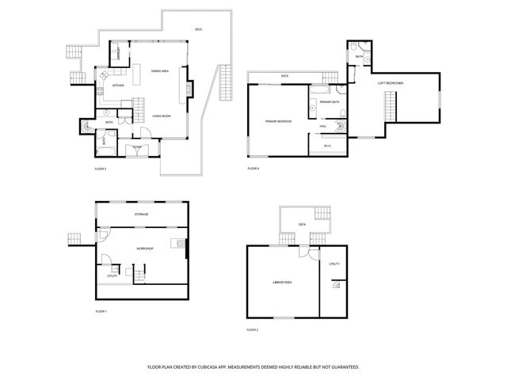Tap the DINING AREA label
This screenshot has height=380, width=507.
(159, 71)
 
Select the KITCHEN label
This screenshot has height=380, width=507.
(118, 85)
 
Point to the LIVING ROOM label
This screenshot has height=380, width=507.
(162, 116)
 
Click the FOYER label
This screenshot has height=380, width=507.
(137, 147)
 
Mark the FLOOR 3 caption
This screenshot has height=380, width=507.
(101, 169)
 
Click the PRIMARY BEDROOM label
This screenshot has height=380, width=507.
(279, 121)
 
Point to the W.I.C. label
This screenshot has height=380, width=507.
(328, 145)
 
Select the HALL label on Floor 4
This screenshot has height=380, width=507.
(323, 126)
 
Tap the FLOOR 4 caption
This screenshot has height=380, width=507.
(253, 169)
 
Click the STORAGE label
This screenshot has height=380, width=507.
(142, 215)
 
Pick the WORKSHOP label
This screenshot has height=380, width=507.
(144, 249)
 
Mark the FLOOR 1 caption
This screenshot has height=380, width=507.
(101, 312)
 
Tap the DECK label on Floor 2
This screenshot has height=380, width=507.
(302, 225)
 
